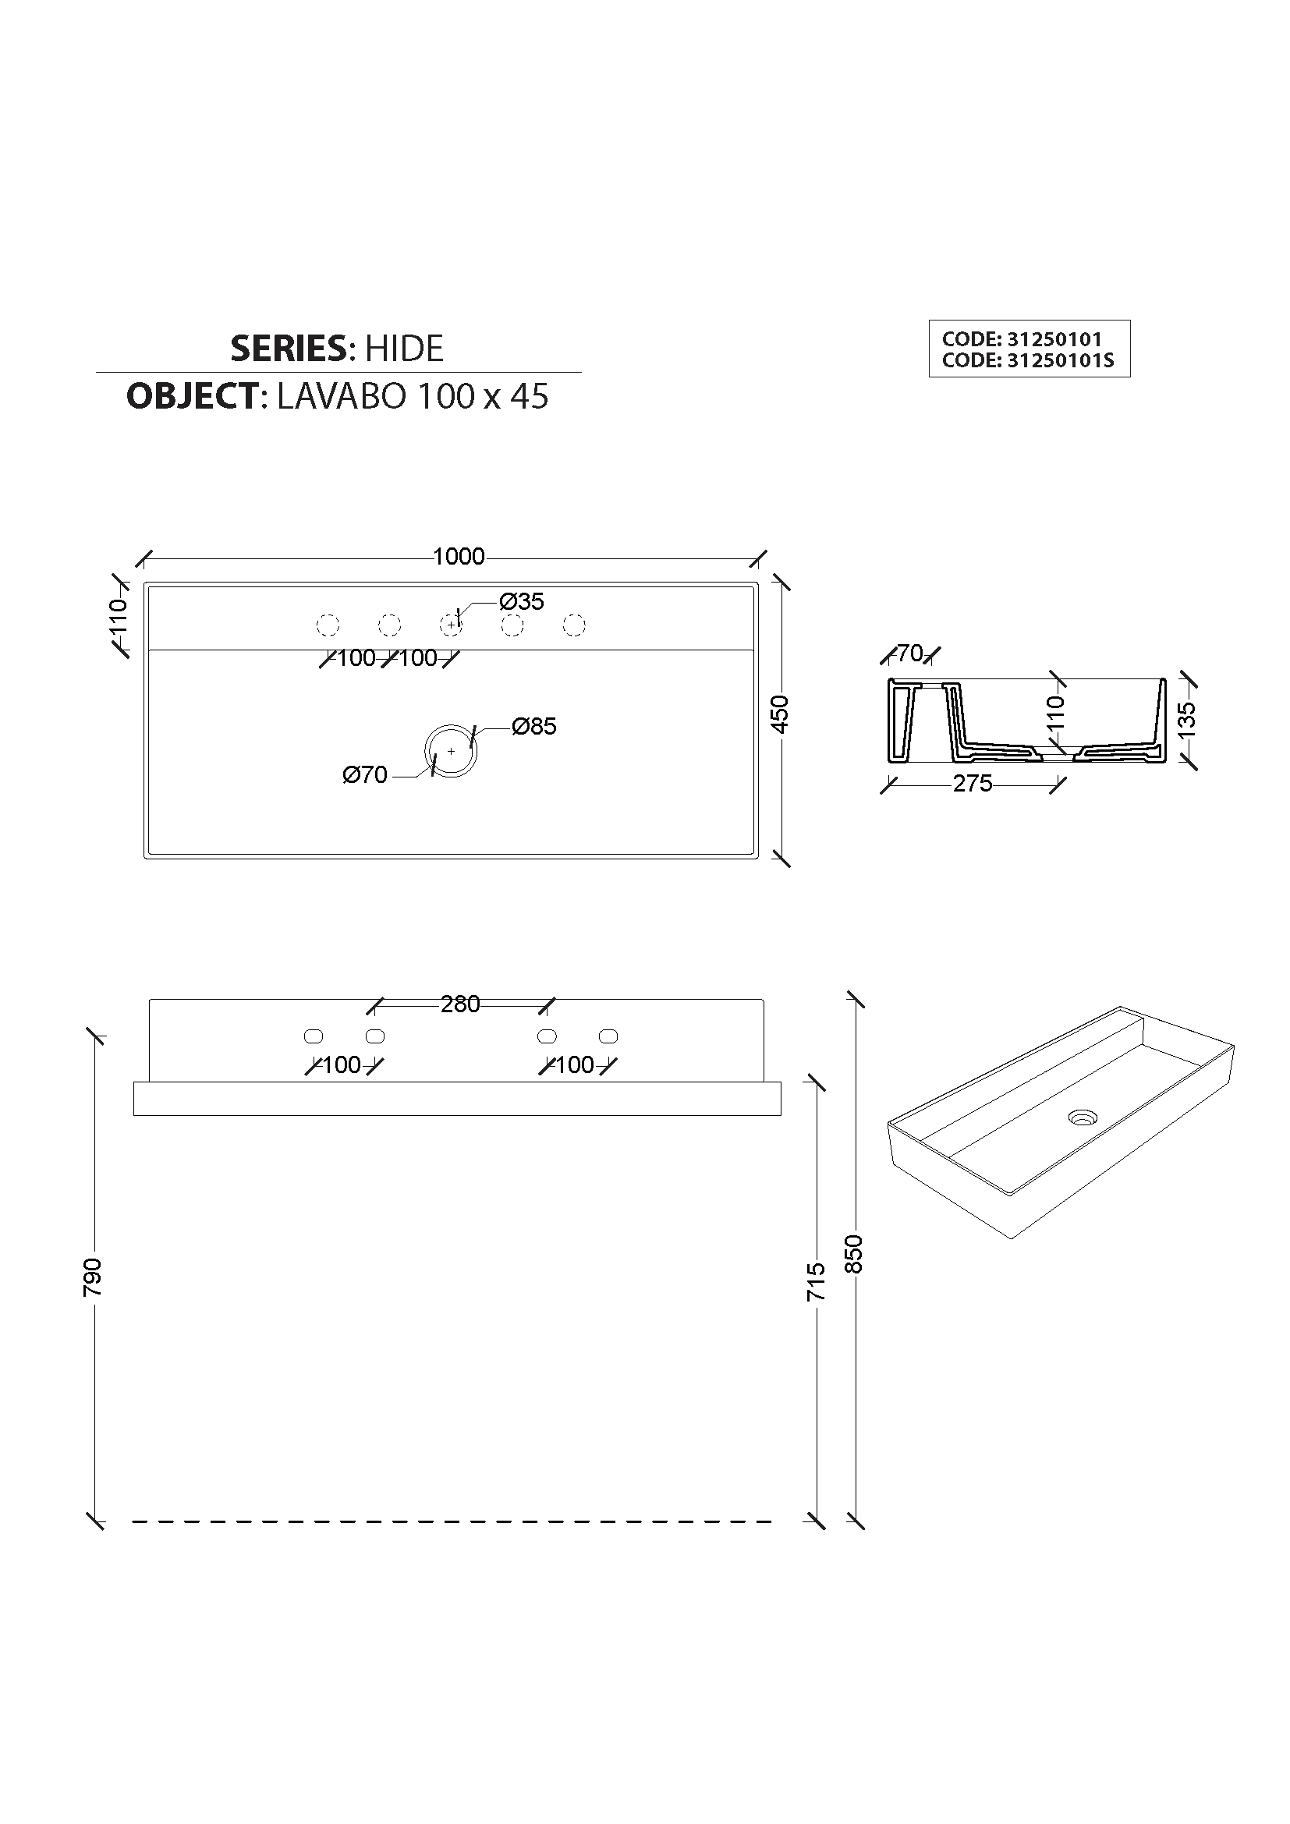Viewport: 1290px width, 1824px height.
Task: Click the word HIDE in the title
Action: pos(403,348)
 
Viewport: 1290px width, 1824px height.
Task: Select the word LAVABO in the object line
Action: pos(341,396)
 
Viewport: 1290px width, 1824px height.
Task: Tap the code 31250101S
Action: pos(1061,361)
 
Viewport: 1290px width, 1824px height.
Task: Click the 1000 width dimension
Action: pos(459,556)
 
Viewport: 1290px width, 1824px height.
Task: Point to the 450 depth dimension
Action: pos(780,714)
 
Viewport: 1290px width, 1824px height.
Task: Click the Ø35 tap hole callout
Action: pos(522,601)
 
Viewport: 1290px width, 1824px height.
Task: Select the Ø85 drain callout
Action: pos(533,726)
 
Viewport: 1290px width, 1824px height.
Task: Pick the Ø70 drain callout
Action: pos(364,774)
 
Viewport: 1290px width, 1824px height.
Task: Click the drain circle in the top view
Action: pos(451,724)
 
